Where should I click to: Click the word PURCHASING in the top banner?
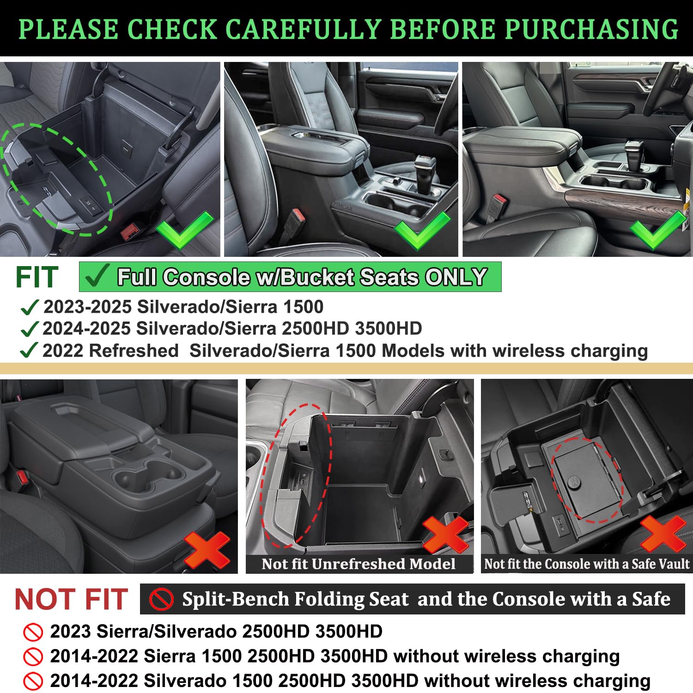[591, 29]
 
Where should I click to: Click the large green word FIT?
[37, 277]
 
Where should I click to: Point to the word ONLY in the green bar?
[456, 277]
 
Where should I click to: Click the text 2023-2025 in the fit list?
[88, 307]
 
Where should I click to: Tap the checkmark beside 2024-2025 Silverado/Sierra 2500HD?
[29, 329]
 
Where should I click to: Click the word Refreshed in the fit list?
[134, 351]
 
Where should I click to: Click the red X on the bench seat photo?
[207, 550]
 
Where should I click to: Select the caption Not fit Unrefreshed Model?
[359, 564]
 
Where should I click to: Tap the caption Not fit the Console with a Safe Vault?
[586, 564]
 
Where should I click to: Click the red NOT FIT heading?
[71, 599]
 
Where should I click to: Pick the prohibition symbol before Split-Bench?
[161, 600]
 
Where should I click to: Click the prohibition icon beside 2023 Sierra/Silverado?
[33, 632]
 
